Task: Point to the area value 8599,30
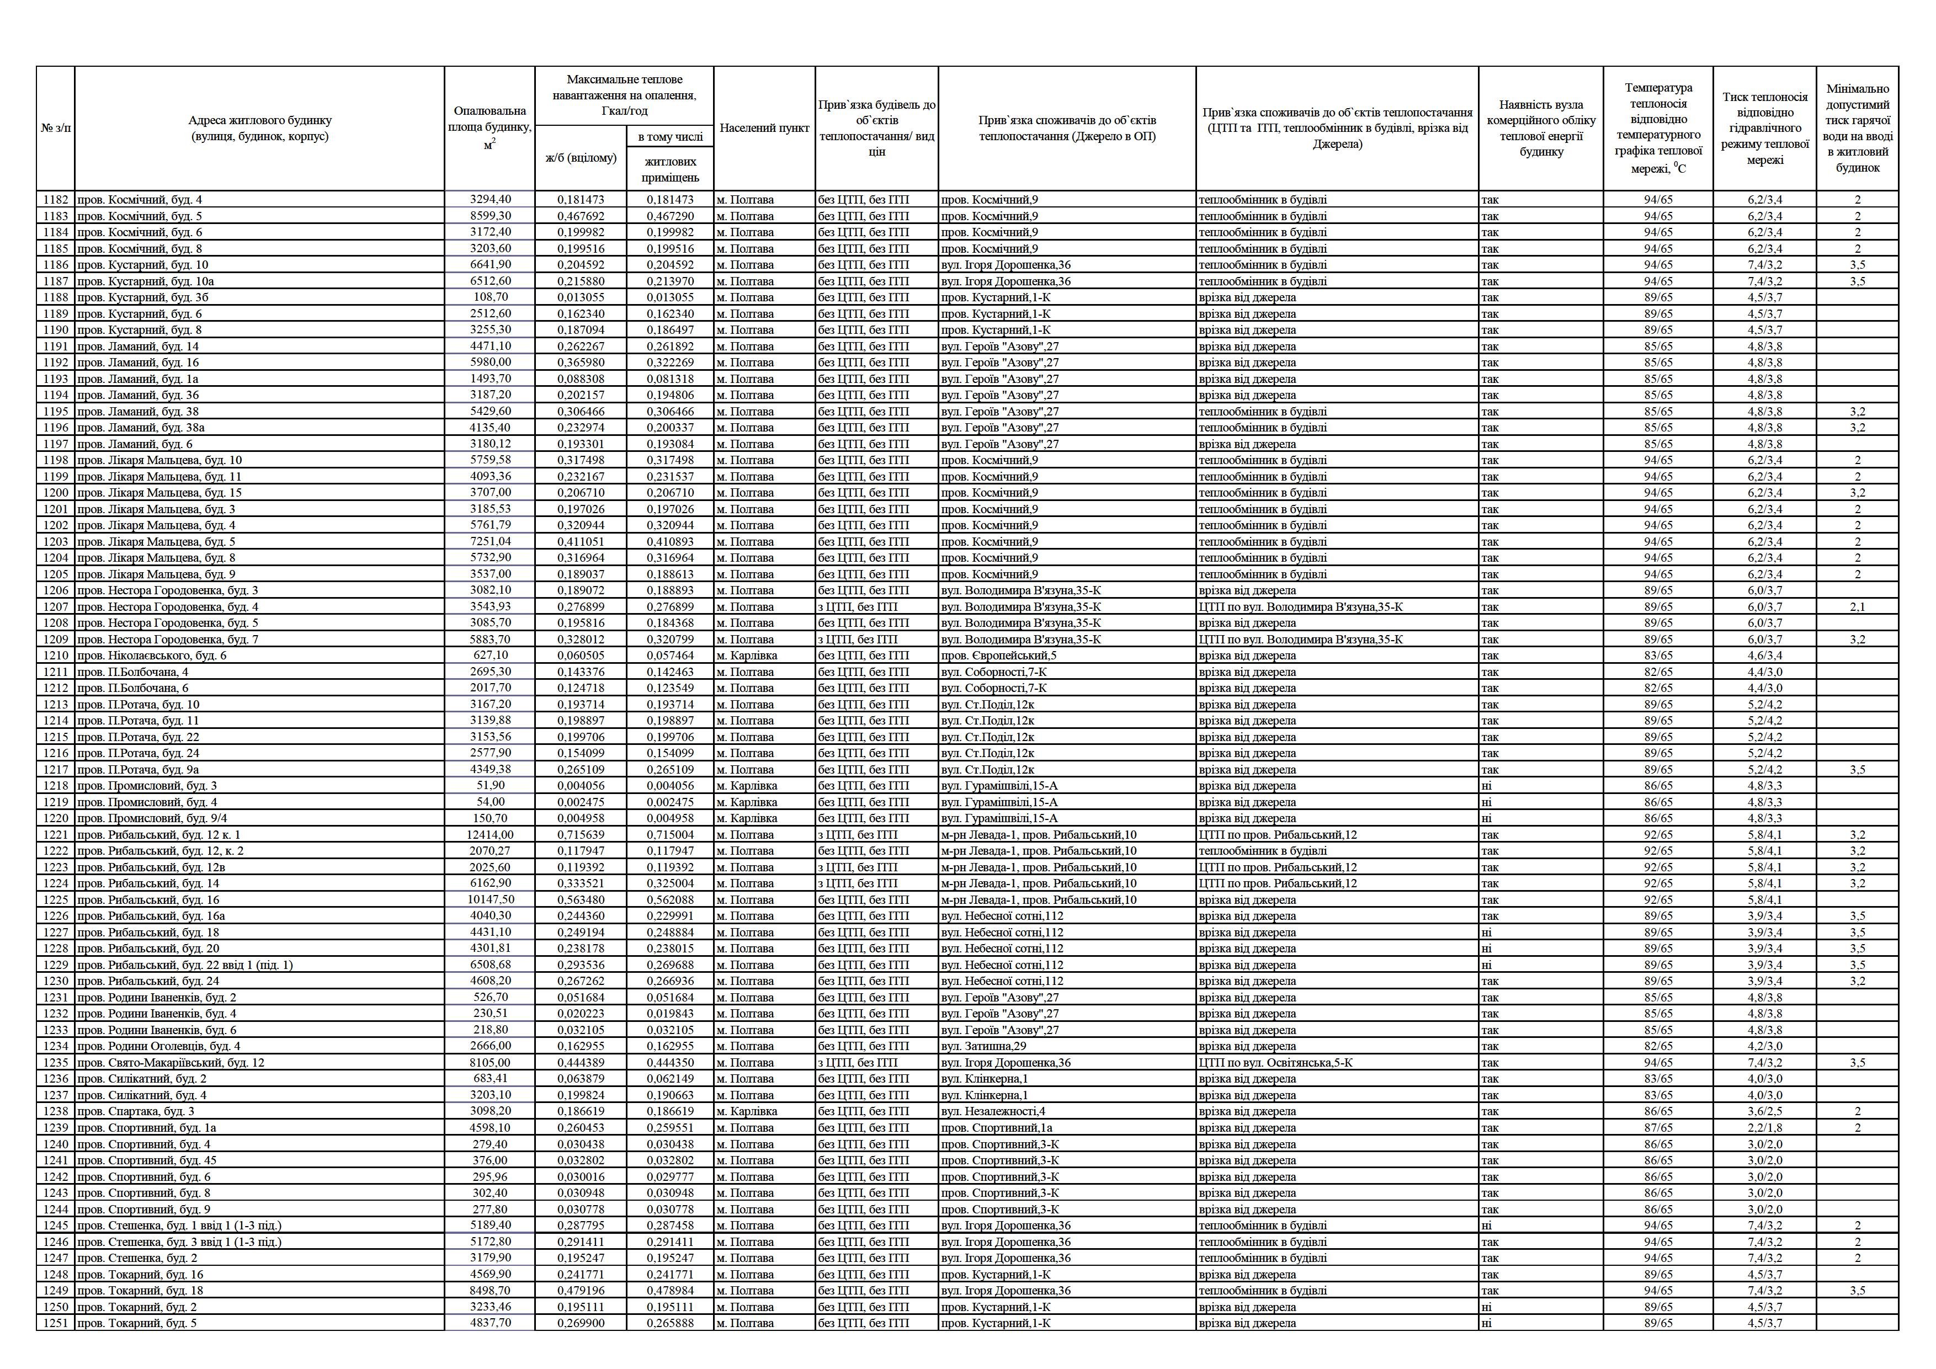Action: click(x=490, y=216)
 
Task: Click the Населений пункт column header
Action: click(x=764, y=128)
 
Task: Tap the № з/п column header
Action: click(x=56, y=128)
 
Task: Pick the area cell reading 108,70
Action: click(x=490, y=297)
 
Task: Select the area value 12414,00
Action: click(x=490, y=834)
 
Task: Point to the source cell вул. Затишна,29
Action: click(x=983, y=1046)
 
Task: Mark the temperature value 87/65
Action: click(x=1658, y=1128)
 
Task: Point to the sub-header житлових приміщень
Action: click(x=671, y=169)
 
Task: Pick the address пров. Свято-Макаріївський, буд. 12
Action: click(x=171, y=1063)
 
